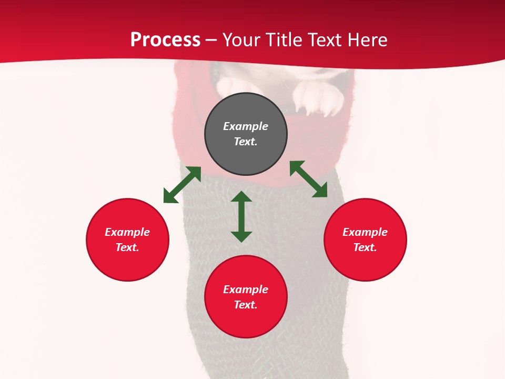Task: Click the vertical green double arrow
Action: click(241, 216)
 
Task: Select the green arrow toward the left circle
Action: click(182, 185)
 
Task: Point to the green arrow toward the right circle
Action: click(308, 179)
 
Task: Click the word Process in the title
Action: click(165, 40)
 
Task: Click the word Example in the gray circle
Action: click(246, 126)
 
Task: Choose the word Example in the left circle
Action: click(127, 232)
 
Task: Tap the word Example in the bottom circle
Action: click(246, 290)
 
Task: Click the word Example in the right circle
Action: click(365, 232)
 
